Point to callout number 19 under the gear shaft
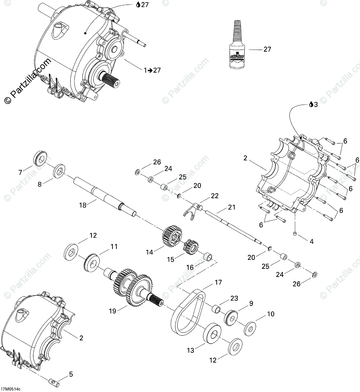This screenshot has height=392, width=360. [x=112, y=311]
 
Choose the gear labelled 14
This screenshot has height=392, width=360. [x=171, y=237]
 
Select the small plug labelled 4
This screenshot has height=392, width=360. [x=295, y=234]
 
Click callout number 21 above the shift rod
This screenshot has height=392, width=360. [x=231, y=208]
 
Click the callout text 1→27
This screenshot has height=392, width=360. [x=152, y=70]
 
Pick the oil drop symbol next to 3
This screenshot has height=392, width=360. [x=312, y=105]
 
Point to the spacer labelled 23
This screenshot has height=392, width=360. [x=217, y=308]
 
